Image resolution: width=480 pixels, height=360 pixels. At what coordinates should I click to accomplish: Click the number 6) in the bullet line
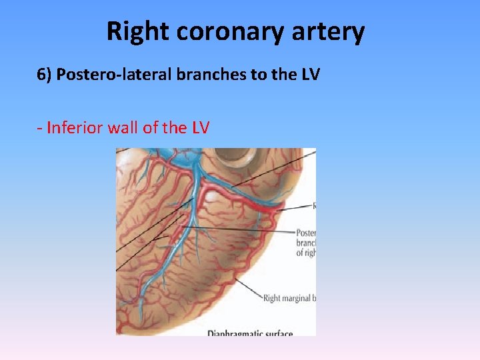tap(44, 75)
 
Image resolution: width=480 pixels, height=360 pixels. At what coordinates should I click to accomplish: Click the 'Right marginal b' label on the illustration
tap(289, 298)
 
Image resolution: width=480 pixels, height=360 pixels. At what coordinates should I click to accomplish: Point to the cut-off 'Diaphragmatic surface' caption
tap(250, 332)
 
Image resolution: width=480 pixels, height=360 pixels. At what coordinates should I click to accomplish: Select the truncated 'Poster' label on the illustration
tap(306, 233)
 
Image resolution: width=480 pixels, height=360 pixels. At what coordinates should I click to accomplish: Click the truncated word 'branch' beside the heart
tap(306, 243)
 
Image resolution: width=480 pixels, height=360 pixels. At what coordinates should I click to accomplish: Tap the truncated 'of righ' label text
tap(306, 253)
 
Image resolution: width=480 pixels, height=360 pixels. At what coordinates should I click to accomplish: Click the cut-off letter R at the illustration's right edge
tap(313, 206)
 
